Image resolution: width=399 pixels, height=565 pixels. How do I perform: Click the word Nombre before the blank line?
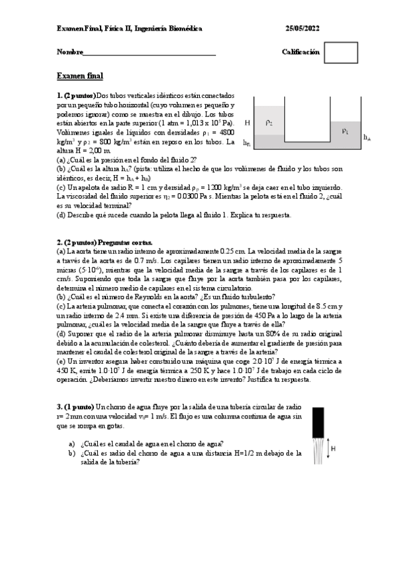(x=70, y=52)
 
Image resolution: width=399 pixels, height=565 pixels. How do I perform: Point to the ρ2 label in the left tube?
(x=268, y=123)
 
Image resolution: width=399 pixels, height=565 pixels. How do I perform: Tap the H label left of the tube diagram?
(x=247, y=123)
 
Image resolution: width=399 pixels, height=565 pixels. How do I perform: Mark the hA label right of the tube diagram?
(x=367, y=137)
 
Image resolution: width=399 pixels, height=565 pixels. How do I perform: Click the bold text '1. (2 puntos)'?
(x=77, y=95)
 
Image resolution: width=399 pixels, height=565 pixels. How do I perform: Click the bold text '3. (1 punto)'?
(x=75, y=406)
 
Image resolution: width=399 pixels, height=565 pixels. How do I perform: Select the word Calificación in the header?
(x=300, y=52)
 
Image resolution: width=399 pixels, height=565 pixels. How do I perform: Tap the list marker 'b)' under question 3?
(x=72, y=453)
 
